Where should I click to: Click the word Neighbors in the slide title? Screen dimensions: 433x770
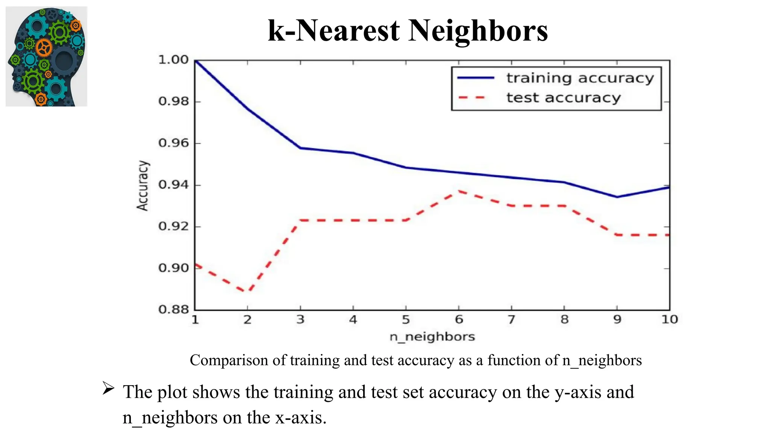coord(478,30)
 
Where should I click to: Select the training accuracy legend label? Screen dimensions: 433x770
coord(580,78)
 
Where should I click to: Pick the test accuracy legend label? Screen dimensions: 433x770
coord(563,98)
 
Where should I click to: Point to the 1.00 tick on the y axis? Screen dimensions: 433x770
coord(173,60)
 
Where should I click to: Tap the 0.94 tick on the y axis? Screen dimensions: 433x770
coord(173,185)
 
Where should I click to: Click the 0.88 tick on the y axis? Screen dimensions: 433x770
coord(173,310)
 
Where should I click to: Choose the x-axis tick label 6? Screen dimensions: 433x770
coord(459,320)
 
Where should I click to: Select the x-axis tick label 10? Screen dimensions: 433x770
coord(669,320)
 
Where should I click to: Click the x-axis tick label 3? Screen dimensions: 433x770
coord(300,320)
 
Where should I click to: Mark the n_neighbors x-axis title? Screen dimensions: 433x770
coord(432,336)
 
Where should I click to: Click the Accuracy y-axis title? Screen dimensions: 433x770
coord(142,186)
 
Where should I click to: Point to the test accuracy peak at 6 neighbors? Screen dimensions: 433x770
coord(459,191)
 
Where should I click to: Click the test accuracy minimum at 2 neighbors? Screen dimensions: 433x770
coord(247,291)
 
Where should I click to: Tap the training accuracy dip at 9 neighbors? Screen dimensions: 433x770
coord(617,197)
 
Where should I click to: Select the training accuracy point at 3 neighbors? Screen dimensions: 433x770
coord(300,148)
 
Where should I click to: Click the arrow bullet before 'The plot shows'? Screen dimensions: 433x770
coord(108,388)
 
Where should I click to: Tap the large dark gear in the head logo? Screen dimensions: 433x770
coord(64,60)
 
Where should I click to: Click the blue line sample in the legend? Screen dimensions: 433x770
coord(476,78)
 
